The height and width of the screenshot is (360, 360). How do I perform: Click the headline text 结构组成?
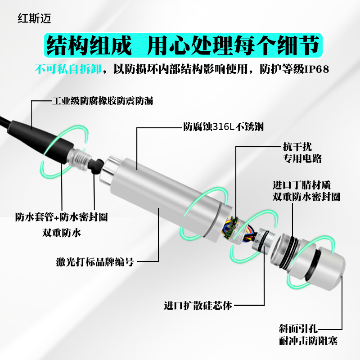pos(90,46)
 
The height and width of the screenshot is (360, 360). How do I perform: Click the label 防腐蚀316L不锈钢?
pos(223,127)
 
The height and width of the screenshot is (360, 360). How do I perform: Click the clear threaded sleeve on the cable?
pos(79,156)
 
